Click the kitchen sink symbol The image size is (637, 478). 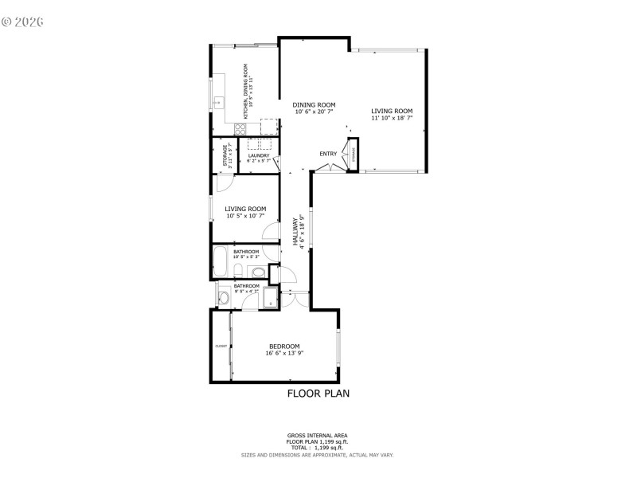(217, 103)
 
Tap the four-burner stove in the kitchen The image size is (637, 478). (240, 127)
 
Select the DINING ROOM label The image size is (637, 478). (313, 104)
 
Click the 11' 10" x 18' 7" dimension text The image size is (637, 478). (392, 118)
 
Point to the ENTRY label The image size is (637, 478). (328, 154)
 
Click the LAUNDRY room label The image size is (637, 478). (259, 155)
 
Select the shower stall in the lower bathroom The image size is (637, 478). (270, 299)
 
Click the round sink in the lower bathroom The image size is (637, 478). (224, 298)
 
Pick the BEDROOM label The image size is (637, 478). (284, 346)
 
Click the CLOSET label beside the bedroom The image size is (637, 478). (221, 346)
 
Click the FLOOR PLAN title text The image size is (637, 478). (318, 394)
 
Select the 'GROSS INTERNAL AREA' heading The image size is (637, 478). (318, 436)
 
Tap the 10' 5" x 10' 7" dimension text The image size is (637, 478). (244, 216)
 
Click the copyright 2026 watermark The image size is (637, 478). (22, 22)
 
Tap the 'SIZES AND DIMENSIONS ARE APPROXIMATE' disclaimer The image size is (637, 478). (318, 455)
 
